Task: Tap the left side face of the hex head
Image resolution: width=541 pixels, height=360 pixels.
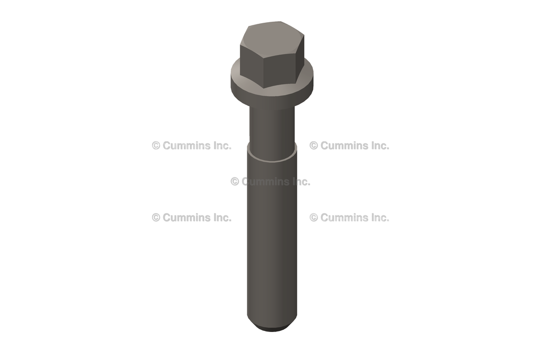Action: click(251, 66)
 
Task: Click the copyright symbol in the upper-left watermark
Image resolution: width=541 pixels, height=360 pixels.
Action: click(156, 146)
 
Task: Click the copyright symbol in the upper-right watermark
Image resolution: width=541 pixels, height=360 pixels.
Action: click(314, 146)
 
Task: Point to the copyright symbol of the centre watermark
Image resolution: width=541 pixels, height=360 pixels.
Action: click(235, 182)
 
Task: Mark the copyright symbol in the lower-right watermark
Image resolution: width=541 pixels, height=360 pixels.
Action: click(314, 217)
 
